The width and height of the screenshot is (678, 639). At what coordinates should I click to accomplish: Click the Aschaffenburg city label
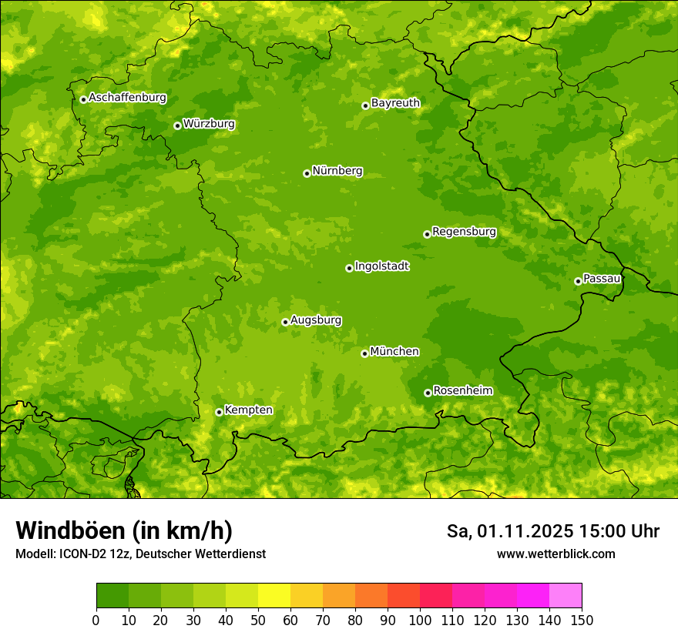pyautogui.click(x=127, y=98)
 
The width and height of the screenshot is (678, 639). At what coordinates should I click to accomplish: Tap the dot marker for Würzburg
pyautogui.click(x=177, y=125)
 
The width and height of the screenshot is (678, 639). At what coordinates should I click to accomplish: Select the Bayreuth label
pyautogui.click(x=395, y=103)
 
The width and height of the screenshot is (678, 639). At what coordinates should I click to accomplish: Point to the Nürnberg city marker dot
pyautogui.click(x=307, y=173)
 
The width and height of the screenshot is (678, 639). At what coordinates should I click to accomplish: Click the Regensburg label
pyautogui.click(x=464, y=232)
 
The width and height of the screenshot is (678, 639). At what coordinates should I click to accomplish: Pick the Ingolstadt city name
pyautogui.click(x=381, y=266)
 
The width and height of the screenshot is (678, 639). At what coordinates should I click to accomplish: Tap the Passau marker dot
pyautogui.click(x=578, y=281)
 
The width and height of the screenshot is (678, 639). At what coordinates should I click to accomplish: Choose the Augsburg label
pyautogui.click(x=316, y=320)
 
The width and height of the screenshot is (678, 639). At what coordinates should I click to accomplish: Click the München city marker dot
pyautogui.click(x=364, y=353)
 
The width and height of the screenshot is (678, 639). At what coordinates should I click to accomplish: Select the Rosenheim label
pyautogui.click(x=462, y=391)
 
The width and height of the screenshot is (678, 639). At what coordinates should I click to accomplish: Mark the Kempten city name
pyautogui.click(x=248, y=410)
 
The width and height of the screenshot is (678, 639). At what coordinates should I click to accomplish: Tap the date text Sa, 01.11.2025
pyautogui.click(x=510, y=531)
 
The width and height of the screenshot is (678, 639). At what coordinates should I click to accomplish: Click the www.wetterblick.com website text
pyautogui.click(x=555, y=554)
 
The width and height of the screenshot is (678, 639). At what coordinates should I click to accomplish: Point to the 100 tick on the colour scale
pyautogui.click(x=420, y=620)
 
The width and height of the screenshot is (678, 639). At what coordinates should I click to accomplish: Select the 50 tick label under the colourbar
pyautogui.click(x=258, y=620)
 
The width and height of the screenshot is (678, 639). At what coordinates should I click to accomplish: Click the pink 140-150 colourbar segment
pyautogui.click(x=566, y=595)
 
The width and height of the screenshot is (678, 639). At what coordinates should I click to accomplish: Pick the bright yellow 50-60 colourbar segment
pyautogui.click(x=274, y=595)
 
